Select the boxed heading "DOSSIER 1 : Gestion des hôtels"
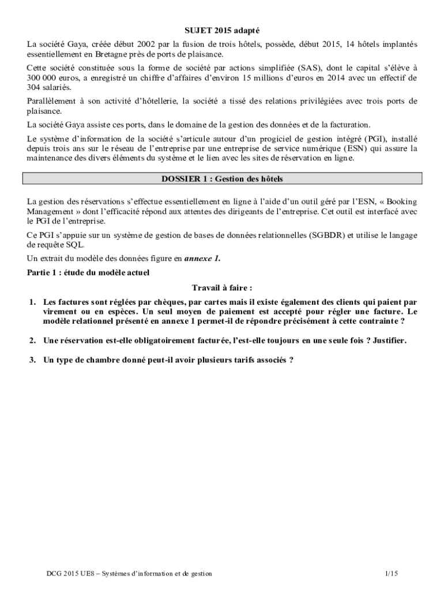pos(222,179)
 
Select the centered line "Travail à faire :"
pos(222,287)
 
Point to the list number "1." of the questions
pos(33,302)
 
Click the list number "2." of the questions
pos(33,341)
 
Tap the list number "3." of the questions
pos(33,360)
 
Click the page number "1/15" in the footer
pos(392,573)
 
